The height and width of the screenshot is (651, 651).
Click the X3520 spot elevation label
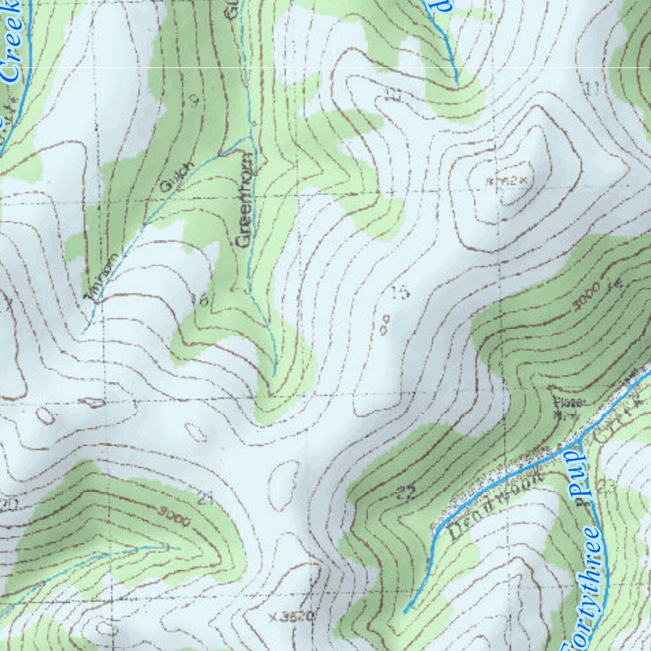pyautogui.click(x=292, y=616)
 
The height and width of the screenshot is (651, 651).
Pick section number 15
pyautogui.click(x=399, y=292)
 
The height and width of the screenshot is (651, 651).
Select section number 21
pyautogui.click(x=204, y=498)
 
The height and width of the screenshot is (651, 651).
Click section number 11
pyautogui.click(x=593, y=90)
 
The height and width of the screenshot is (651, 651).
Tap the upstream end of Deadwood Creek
pyautogui.click(x=406, y=612)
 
